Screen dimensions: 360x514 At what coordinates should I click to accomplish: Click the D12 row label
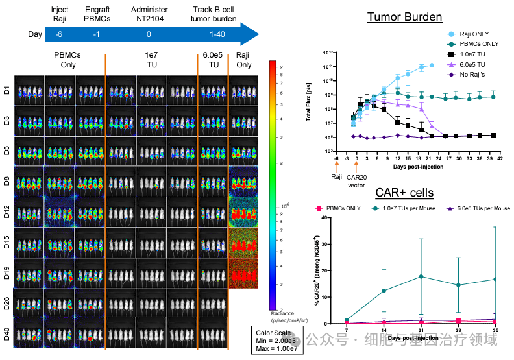coord(7,212)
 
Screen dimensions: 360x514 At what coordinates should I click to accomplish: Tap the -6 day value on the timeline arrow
coord(59,34)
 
